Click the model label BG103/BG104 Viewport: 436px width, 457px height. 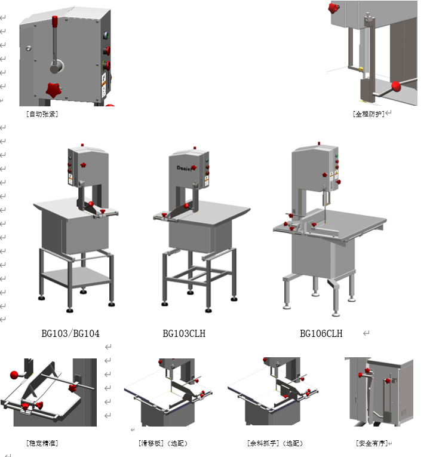pyautogui.click(x=70, y=333)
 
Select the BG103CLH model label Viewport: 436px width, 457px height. pyautogui.click(x=184, y=333)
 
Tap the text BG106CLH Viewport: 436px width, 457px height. pyautogui.click(x=321, y=333)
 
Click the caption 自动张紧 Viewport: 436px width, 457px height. pyautogui.click(x=42, y=114)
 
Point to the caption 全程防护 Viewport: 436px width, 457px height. pyautogui.click(x=369, y=113)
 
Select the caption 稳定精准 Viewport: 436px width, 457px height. pyautogui.click(x=42, y=443)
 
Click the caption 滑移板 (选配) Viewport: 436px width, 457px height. pyautogui.click(x=162, y=443)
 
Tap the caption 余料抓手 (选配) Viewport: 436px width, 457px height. pyautogui.click(x=275, y=443)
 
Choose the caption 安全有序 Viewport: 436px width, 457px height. pyautogui.click(x=371, y=443)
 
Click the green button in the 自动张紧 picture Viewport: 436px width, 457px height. pyautogui.click(x=106, y=35)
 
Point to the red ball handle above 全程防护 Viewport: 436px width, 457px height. pyautogui.click(x=395, y=88)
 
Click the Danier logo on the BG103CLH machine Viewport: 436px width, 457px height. pyautogui.click(x=186, y=167)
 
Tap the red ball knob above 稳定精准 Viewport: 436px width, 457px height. pyautogui.click(x=14, y=375)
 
